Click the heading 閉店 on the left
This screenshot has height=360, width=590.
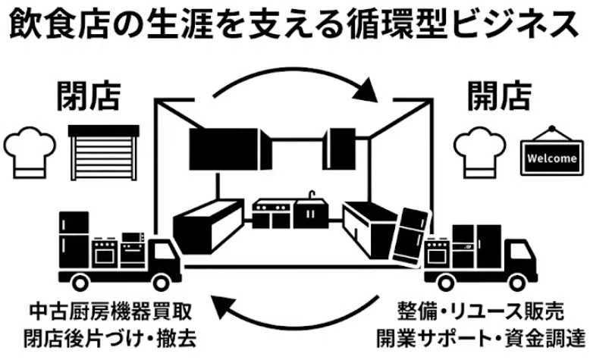(x=89, y=96)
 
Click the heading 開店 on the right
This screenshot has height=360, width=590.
(x=499, y=96)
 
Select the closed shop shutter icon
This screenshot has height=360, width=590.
(x=103, y=153)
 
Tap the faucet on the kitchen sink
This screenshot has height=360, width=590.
(x=312, y=196)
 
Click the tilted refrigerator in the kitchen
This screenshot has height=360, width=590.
(x=410, y=236)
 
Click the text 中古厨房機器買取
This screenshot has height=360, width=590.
(x=111, y=311)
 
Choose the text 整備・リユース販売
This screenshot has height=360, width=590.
(x=481, y=311)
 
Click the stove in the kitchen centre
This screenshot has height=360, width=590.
(x=271, y=214)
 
